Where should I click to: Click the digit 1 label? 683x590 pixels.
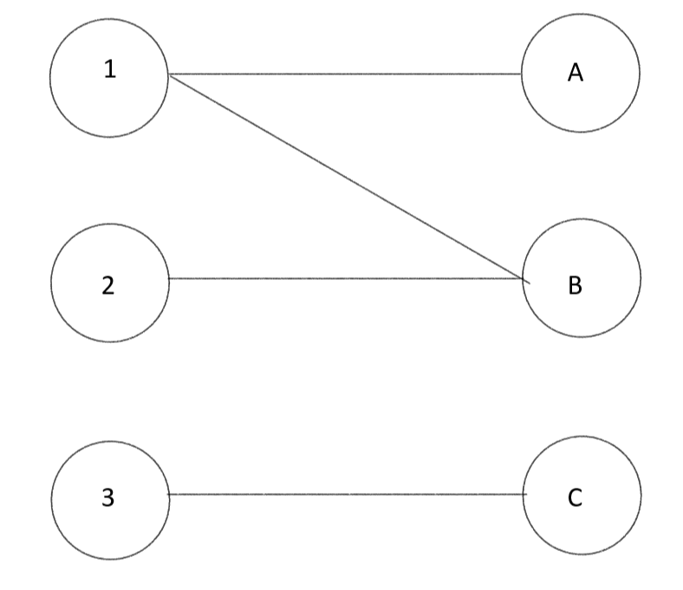(x=109, y=69)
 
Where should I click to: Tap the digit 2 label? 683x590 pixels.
(x=107, y=285)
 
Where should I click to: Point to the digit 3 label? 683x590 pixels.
(x=107, y=498)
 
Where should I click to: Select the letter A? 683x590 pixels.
(x=575, y=75)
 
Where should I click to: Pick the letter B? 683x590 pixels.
(x=575, y=285)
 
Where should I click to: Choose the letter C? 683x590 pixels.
(x=576, y=498)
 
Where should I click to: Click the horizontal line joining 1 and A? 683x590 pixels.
(x=347, y=75)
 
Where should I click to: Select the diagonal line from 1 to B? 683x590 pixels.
(x=347, y=177)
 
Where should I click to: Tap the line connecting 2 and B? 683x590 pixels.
(x=347, y=279)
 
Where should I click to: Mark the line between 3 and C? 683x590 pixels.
(x=347, y=495)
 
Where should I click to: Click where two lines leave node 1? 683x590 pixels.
(x=170, y=75)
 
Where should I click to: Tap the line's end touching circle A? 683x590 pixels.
(x=522, y=75)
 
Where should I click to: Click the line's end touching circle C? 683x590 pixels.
(x=525, y=495)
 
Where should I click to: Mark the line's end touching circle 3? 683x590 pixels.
(x=168, y=495)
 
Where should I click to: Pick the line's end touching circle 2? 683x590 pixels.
(x=168, y=279)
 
